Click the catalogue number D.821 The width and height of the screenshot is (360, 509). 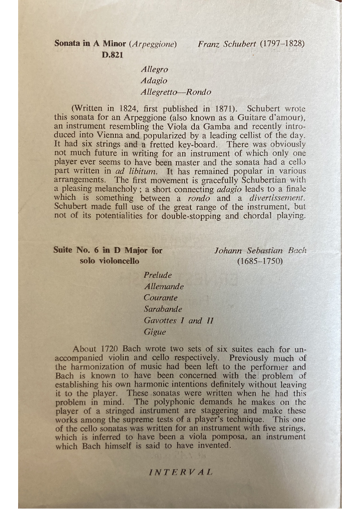[112, 55]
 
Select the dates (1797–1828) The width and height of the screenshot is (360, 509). [282, 44]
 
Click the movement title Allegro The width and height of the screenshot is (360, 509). [154, 70]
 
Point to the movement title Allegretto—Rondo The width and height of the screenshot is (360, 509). [176, 92]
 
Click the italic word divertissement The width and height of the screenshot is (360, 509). [277, 198]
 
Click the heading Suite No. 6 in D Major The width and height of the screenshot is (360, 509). [107, 250]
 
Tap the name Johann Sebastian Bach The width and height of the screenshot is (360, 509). [260, 250]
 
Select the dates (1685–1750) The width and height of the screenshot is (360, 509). [260, 262]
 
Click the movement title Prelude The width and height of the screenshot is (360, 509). [158, 275]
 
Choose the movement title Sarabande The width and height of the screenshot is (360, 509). [163, 309]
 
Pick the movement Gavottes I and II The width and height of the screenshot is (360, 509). [178, 320]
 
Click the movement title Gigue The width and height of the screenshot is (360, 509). [155, 332]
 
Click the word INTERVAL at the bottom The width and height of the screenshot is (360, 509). [180, 471]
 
